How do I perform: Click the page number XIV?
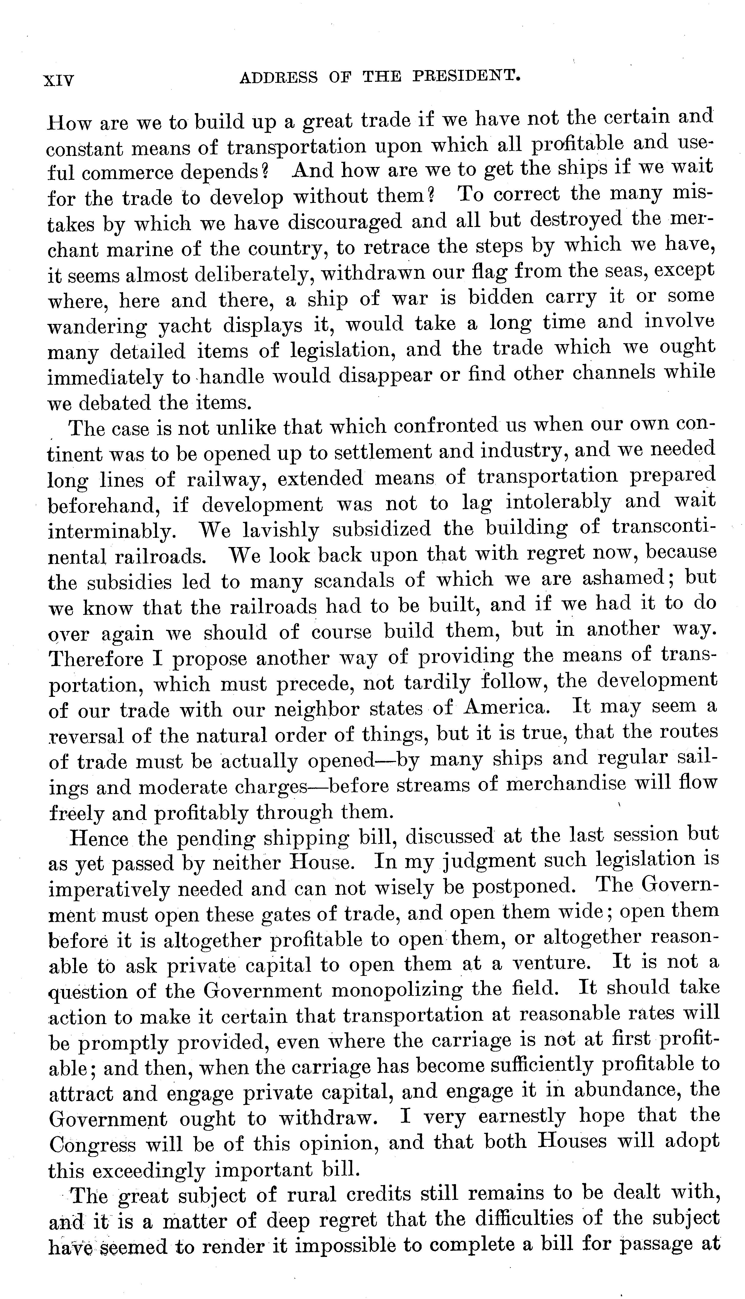pos(59,80)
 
